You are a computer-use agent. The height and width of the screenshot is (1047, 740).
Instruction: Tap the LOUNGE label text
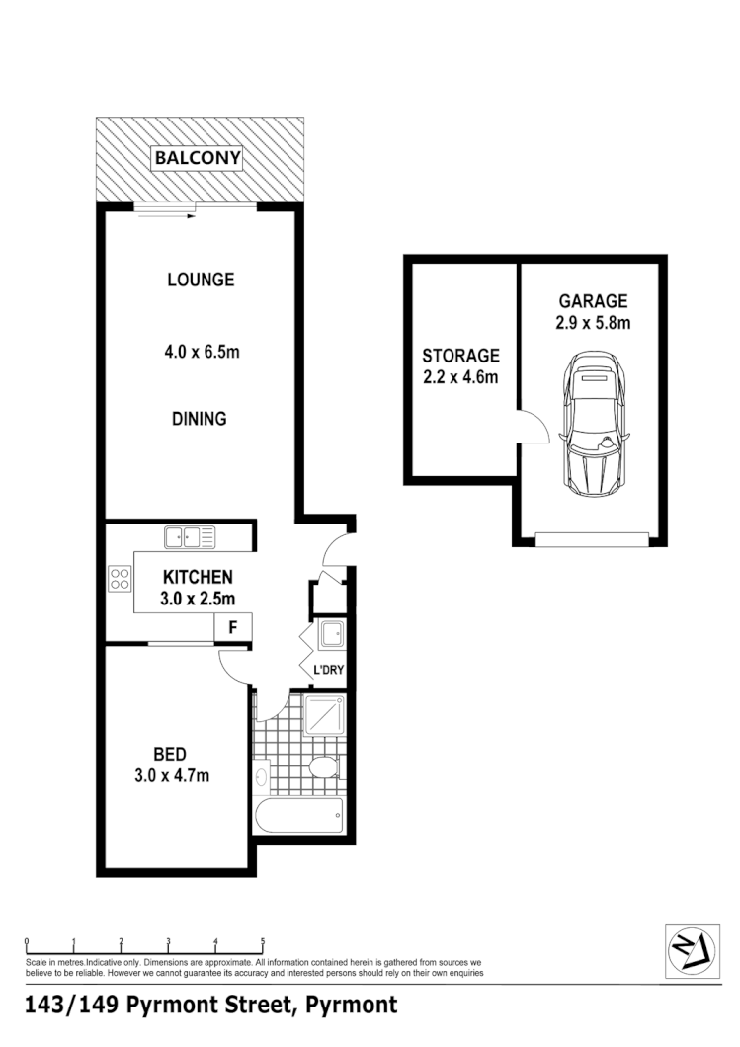tap(201, 280)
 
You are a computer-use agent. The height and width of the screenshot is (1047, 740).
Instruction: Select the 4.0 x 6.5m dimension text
tap(202, 351)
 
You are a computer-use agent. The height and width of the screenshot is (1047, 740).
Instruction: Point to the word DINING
tap(198, 419)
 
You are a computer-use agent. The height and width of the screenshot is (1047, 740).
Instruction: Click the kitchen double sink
tap(190, 538)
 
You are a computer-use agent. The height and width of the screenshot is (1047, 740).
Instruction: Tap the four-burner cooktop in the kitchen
tap(121, 577)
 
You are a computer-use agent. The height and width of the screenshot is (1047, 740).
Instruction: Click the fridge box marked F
tap(233, 627)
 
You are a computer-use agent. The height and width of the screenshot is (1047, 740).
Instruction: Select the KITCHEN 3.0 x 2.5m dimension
tap(198, 598)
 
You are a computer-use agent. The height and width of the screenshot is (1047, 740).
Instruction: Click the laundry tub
tap(329, 632)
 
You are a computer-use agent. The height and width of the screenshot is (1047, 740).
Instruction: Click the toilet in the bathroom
tap(323, 767)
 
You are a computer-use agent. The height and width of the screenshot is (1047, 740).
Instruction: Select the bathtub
tap(299, 816)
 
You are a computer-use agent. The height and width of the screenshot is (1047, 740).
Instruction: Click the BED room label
tap(170, 755)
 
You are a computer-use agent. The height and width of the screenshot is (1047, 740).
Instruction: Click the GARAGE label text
tap(593, 301)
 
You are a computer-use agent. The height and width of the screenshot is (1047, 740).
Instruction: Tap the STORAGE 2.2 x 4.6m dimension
tap(460, 376)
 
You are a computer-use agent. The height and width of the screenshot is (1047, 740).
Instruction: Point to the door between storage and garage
tap(534, 427)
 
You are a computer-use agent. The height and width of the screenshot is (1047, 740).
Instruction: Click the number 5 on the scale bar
tap(263, 941)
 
